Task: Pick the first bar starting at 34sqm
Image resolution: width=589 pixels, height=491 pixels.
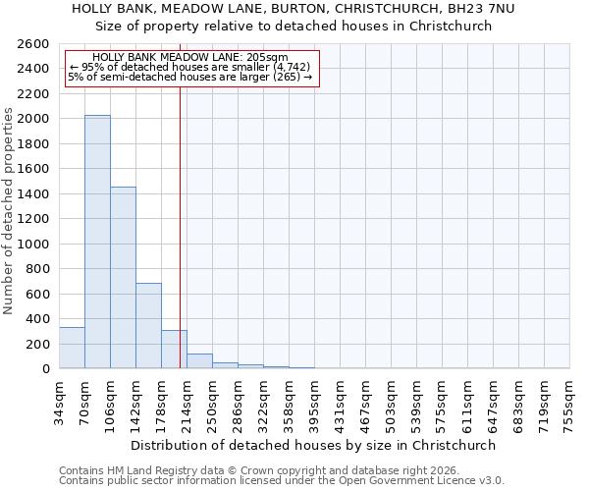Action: tap(72, 348)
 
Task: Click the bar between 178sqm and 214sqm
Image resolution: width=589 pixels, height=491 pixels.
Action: tap(174, 350)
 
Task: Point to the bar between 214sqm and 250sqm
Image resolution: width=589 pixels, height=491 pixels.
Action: tap(199, 361)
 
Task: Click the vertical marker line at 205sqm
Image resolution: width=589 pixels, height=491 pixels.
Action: tap(180, 226)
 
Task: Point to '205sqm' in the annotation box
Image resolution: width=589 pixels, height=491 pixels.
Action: tap(267, 57)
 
